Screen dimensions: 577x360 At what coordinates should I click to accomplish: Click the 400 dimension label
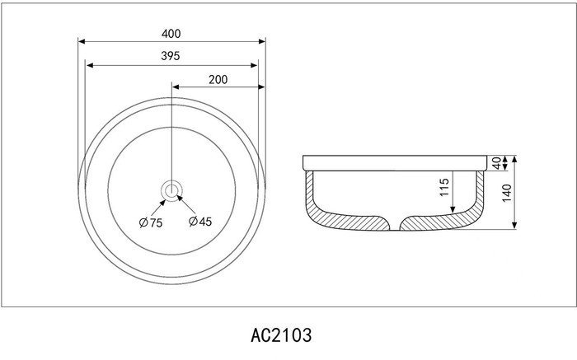point(171,34)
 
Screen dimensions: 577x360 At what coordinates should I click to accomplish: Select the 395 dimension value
point(171,56)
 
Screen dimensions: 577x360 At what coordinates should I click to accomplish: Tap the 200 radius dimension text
point(218,79)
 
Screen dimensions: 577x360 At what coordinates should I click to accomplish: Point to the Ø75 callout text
point(151,222)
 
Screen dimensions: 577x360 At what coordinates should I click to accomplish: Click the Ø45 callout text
point(200,222)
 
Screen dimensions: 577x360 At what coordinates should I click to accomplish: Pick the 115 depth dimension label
point(444,187)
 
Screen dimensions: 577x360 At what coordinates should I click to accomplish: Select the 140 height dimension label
point(507,193)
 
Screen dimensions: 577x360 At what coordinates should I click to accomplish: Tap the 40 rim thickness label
point(497,163)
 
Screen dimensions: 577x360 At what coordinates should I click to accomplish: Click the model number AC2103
point(281,335)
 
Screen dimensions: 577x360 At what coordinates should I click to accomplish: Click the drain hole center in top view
point(171,191)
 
